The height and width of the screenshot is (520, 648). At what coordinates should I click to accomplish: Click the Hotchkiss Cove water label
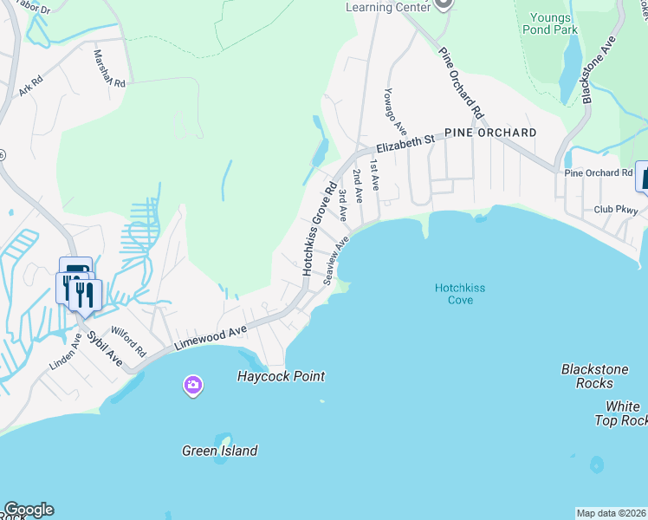point(454,294)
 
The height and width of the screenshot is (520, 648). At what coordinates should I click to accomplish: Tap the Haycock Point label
point(282,376)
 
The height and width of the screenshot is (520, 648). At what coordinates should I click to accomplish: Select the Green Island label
point(219,451)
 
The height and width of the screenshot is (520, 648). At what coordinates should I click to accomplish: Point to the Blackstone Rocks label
point(594,375)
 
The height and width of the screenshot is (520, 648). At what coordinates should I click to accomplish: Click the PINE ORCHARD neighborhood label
point(490,133)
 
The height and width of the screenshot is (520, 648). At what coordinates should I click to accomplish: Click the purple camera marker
point(193,385)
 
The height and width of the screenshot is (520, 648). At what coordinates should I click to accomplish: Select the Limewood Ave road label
point(211,338)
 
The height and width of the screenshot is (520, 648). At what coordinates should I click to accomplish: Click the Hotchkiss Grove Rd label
point(319,229)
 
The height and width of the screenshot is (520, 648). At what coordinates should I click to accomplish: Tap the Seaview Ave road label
point(335,260)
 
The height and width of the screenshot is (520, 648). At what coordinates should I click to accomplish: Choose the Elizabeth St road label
point(404,143)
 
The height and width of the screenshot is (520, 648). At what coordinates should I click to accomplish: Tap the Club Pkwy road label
point(616,210)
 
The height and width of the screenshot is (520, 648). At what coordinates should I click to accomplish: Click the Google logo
point(29,510)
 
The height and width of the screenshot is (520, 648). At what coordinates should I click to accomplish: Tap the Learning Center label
point(388,7)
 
